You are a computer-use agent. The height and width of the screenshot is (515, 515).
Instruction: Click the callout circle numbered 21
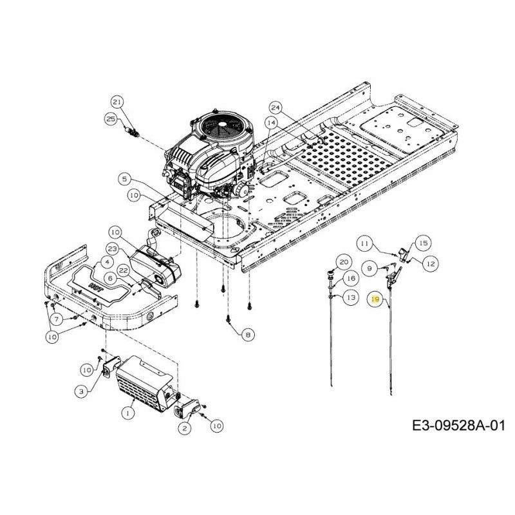coord(117,102)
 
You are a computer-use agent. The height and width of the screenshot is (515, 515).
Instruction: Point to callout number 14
coord(270,122)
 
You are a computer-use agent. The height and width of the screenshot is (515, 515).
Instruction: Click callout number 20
coord(342,262)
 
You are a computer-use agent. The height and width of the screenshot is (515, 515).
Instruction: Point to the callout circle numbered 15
coord(422,243)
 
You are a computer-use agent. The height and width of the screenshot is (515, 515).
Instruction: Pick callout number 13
coord(350,297)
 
